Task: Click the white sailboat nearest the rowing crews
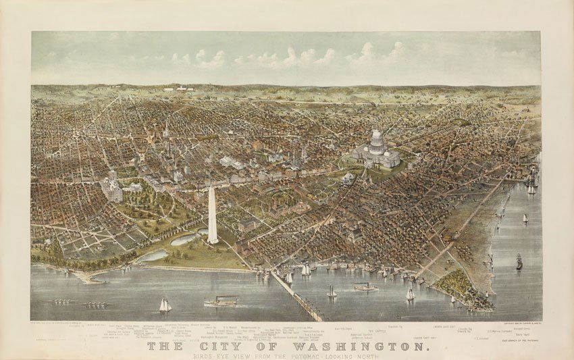tap(165, 305)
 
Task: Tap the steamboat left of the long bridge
tap(221, 301)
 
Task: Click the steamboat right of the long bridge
tap(365, 287)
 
